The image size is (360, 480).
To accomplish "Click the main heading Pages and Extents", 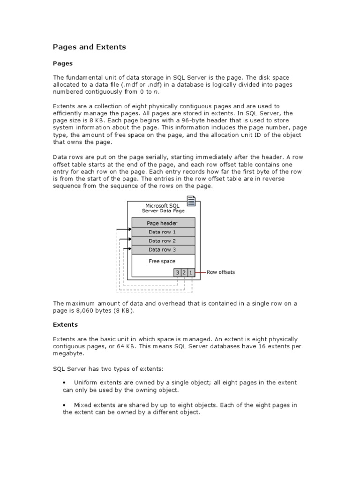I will (89, 47).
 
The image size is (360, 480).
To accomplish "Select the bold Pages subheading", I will (62, 63).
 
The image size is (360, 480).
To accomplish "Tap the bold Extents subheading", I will (65, 324).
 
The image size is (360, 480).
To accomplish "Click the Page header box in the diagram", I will (162, 223).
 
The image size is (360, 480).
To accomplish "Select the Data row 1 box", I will (162, 232).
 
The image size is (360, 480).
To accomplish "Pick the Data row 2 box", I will (162, 241).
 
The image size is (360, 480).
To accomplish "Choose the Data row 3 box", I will (162, 250).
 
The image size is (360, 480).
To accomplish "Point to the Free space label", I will (162, 261).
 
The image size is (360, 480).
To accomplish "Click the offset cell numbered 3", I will (178, 272).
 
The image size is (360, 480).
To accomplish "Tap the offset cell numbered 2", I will (184, 272).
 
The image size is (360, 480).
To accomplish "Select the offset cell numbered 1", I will (191, 272).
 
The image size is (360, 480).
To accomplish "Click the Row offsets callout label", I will (221, 272).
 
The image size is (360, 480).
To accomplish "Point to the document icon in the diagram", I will (191, 201).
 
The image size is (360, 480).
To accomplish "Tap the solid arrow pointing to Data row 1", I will (124, 230).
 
